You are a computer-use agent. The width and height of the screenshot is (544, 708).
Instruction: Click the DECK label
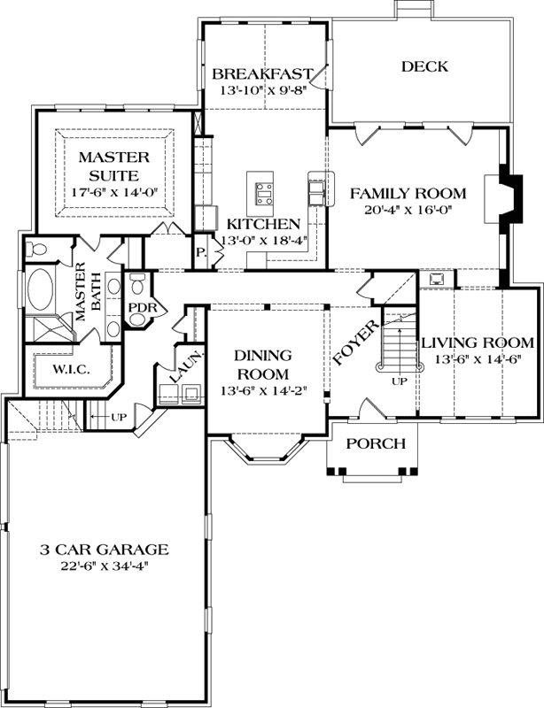424,67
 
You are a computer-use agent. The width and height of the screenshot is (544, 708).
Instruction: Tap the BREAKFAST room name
263,73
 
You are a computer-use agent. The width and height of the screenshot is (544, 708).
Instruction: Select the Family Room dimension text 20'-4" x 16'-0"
408,209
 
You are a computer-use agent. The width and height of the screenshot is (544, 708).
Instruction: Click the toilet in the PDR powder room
136,284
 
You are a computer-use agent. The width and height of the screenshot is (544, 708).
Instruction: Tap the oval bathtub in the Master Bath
40,289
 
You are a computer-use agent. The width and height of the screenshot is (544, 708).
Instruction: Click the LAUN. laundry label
185,368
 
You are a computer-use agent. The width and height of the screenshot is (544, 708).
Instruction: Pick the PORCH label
376,444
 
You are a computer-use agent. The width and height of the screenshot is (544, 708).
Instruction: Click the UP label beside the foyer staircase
400,381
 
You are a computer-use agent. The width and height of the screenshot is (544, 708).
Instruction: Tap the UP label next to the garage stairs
119,416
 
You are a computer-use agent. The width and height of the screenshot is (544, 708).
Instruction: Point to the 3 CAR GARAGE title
105,550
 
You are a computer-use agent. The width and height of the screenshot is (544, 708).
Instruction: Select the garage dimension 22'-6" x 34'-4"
105,566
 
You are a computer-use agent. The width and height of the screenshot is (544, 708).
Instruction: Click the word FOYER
355,342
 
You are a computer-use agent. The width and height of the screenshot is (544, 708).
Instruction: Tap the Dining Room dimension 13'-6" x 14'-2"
263,390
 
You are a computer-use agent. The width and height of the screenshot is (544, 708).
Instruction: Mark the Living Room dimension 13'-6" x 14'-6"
478,360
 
